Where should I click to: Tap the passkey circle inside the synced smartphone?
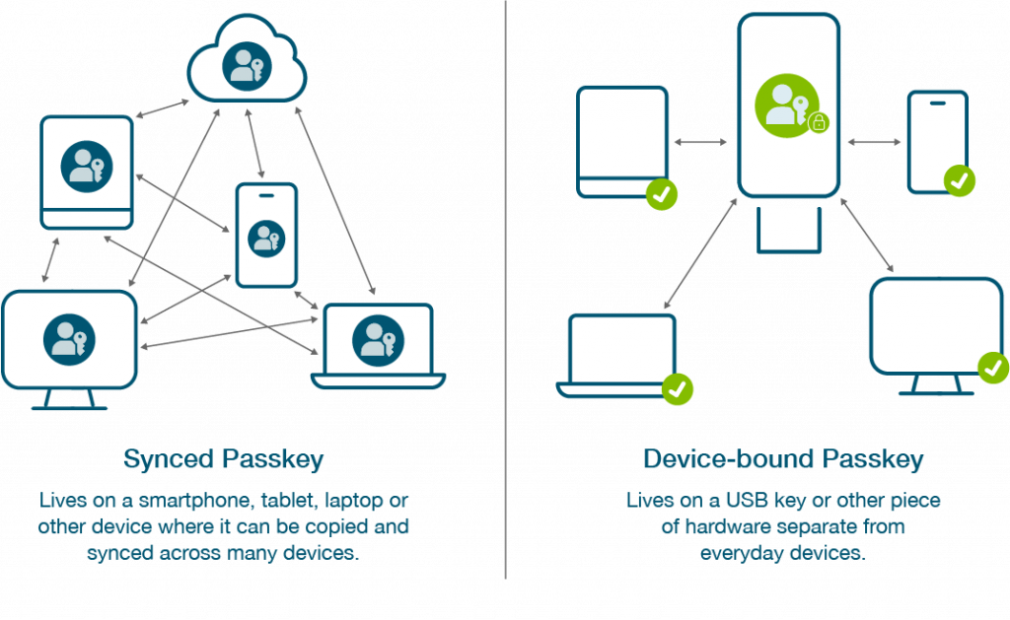(x=265, y=238)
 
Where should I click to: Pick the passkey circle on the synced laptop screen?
(x=377, y=338)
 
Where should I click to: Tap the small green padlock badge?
(x=819, y=123)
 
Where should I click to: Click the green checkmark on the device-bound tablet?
(x=662, y=194)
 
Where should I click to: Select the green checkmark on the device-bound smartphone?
(x=959, y=181)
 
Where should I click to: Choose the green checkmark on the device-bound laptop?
(x=677, y=388)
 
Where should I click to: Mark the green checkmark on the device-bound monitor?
(x=992, y=367)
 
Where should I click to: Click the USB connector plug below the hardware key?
(x=788, y=229)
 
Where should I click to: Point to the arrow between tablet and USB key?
(x=701, y=143)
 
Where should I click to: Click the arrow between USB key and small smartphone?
(x=874, y=143)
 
